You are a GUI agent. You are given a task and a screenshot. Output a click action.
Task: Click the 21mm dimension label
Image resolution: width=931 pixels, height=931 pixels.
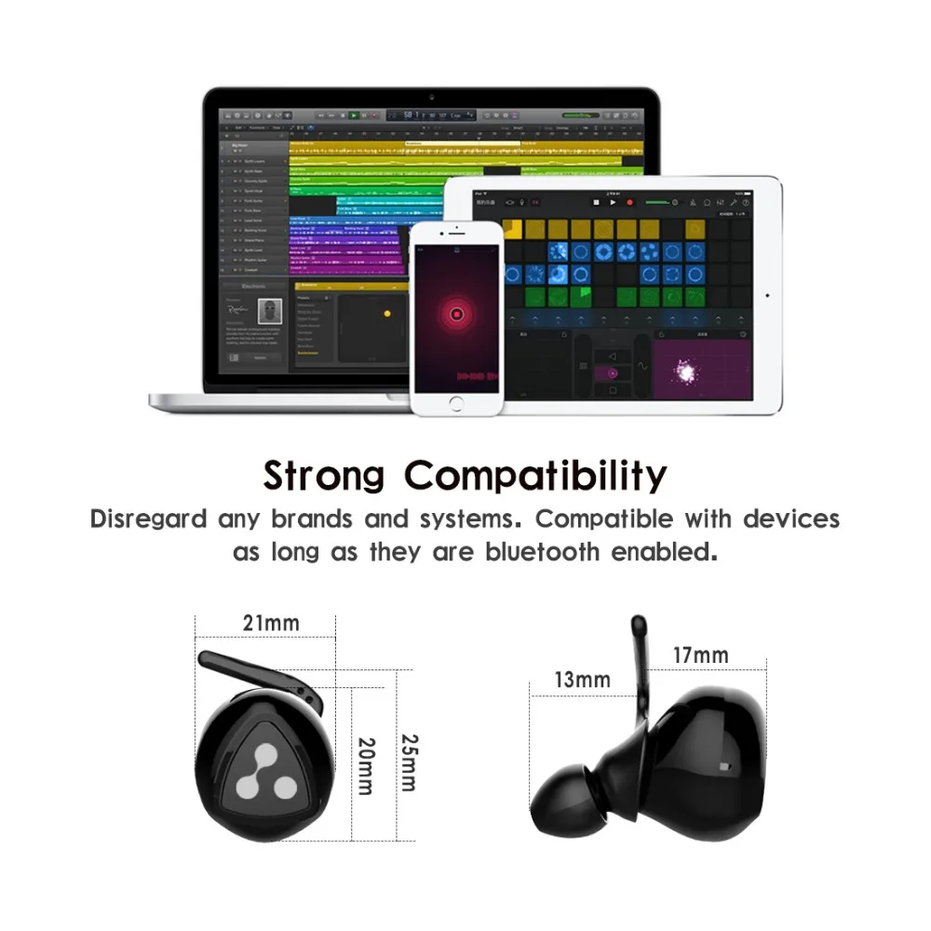271,623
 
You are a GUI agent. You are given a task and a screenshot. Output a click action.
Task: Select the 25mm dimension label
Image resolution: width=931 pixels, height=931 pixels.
407,762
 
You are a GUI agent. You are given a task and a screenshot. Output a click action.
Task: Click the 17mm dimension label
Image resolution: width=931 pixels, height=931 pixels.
700,655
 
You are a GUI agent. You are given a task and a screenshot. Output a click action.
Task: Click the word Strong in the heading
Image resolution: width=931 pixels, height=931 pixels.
323,475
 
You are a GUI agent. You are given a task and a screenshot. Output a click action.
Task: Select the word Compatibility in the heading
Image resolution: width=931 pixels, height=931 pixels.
536,476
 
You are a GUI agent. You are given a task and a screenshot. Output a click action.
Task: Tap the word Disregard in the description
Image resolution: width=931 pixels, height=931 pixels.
149,519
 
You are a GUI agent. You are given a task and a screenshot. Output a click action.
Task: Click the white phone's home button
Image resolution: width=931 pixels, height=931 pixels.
456,403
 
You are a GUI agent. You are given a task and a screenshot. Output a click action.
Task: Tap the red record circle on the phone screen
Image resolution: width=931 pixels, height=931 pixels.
456,315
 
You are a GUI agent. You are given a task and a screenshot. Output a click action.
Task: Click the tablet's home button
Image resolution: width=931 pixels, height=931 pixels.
767,295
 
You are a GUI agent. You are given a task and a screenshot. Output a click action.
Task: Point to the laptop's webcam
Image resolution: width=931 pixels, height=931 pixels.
431,97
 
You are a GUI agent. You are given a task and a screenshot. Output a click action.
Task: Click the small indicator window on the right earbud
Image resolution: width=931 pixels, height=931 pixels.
725,765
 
